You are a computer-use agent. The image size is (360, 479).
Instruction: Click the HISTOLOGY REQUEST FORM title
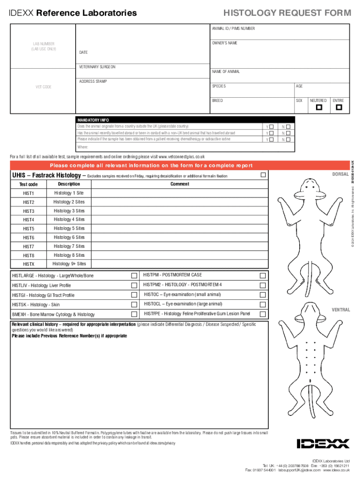coord(287,13)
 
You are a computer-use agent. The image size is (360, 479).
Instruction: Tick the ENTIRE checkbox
coord(339,108)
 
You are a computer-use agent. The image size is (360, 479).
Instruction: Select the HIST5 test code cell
coord(29,229)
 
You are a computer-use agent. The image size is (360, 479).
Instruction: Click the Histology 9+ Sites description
coord(69,264)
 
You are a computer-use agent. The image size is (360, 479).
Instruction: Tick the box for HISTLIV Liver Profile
coord(134,285)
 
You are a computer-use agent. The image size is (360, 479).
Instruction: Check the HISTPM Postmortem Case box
coord(263,275)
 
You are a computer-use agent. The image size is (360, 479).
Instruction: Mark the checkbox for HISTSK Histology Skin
coord(134,305)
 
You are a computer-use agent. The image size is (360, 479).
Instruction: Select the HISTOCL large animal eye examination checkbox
coord(263,305)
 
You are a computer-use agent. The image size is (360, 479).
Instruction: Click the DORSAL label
coord(340,174)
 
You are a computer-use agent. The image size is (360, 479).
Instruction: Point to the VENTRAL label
coord(341,310)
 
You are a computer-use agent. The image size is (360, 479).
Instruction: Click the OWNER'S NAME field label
coord(224,43)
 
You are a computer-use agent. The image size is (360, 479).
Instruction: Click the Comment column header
coord(180,184)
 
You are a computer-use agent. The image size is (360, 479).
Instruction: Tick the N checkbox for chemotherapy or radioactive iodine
coord(288,139)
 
